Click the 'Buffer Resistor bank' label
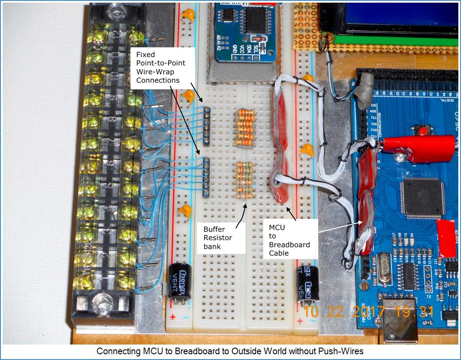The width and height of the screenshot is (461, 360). pyautogui.click(x=218, y=237)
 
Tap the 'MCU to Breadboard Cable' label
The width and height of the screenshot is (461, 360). pyautogui.click(x=289, y=240)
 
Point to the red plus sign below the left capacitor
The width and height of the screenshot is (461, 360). pyautogui.click(x=173, y=317)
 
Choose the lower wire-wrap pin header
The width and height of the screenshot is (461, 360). pyautogui.click(x=206, y=176)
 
